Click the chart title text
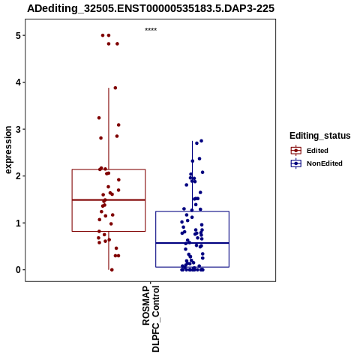151,8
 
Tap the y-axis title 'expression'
8,150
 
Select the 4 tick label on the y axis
18,82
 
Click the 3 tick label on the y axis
18,129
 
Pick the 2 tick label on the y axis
18,176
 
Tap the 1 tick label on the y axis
18,223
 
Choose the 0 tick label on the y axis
18,270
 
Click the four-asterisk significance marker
151,29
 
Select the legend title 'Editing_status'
320,136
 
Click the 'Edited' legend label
317,151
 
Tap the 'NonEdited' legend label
325,163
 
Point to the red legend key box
296,151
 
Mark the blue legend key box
296,163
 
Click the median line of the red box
109,200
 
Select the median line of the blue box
192,243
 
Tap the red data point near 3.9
115,88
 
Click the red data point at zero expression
112,270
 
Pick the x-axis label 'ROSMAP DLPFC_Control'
151,319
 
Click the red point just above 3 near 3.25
99,118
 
